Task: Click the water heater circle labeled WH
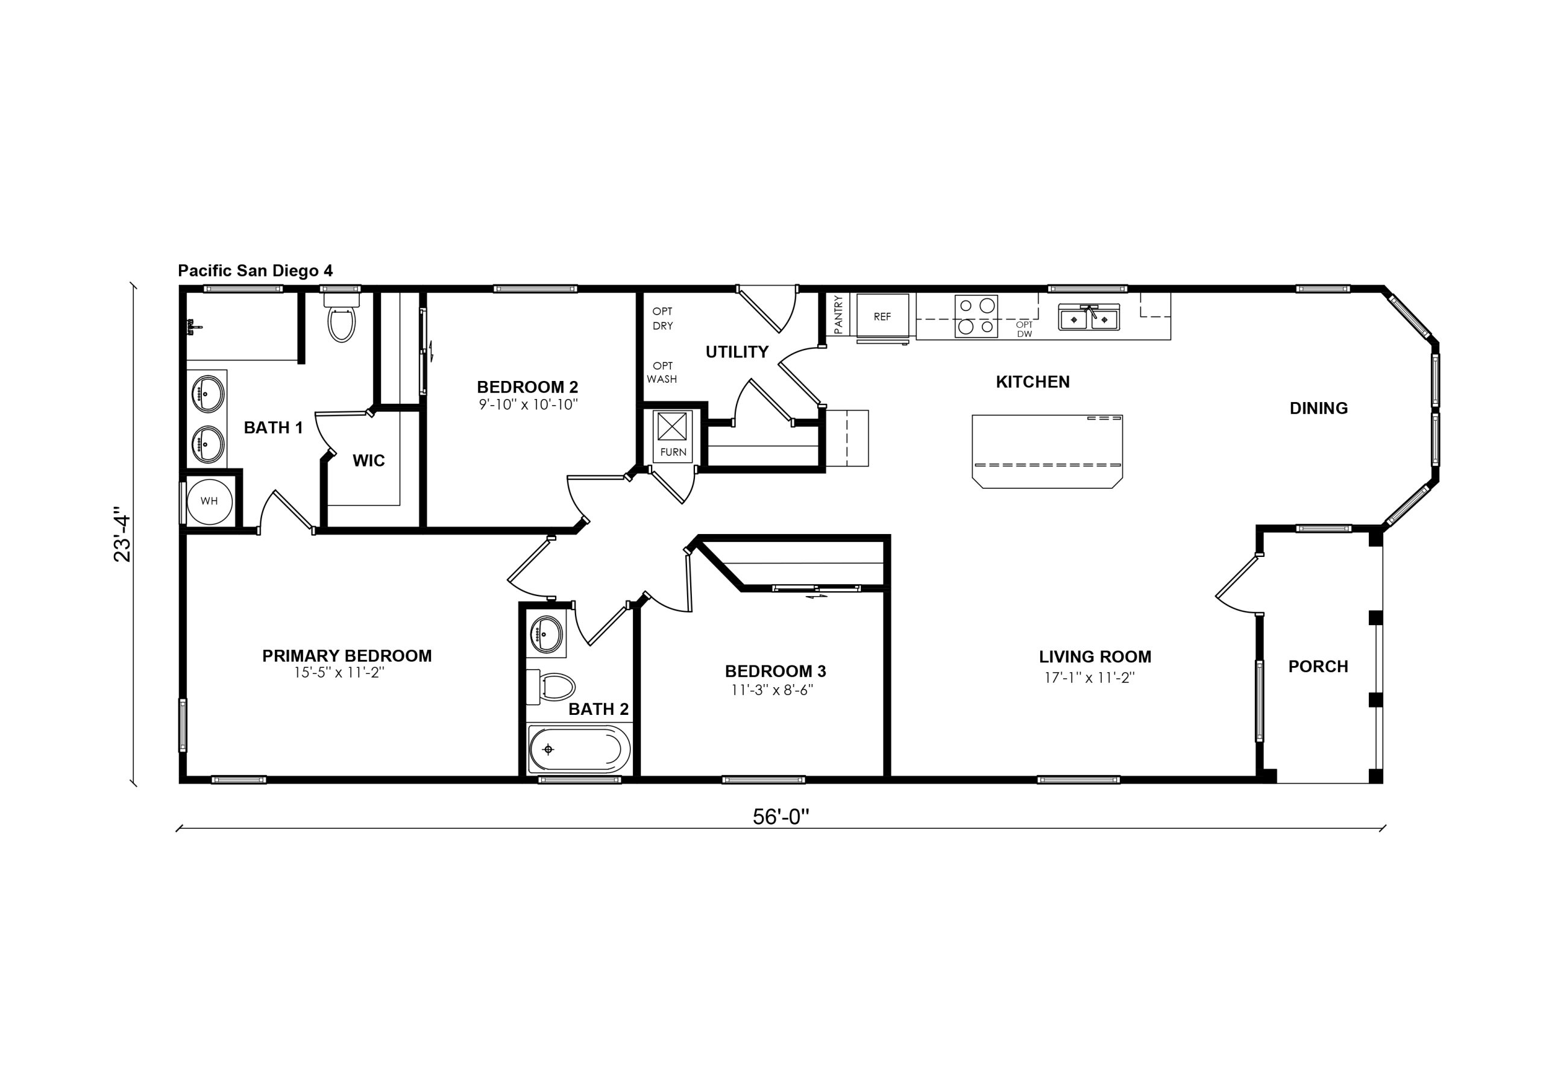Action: (209, 501)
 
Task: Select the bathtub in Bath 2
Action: (579, 749)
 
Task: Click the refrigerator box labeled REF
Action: (882, 316)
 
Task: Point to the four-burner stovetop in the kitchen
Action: (976, 316)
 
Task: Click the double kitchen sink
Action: (1089, 317)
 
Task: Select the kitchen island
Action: (1047, 451)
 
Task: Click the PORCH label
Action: (1318, 666)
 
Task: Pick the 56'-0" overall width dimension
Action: (780, 817)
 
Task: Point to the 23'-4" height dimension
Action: (122, 533)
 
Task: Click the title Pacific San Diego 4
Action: (256, 271)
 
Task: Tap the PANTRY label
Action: (838, 315)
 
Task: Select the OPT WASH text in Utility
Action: (662, 373)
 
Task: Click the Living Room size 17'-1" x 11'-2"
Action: (1089, 678)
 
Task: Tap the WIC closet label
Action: (369, 461)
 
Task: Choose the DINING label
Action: (1319, 408)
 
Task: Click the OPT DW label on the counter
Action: (1024, 329)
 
